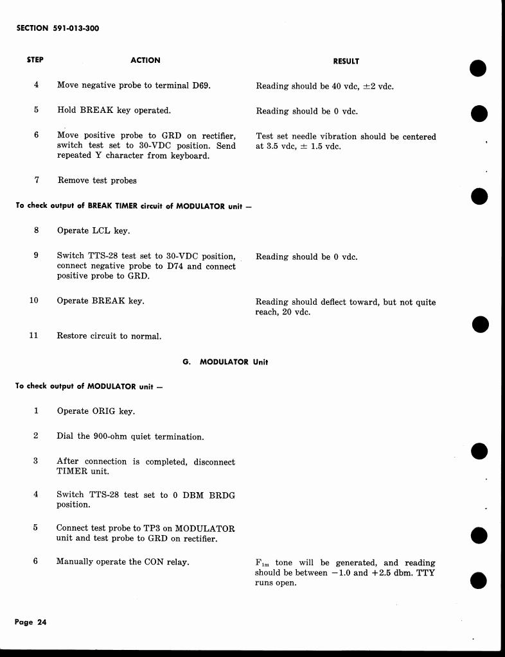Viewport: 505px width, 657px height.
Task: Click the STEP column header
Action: pos(35,60)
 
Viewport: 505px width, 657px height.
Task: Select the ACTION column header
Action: pos(145,60)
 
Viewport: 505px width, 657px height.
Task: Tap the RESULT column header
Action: pos(346,62)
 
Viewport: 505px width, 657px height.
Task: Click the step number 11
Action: pos(35,336)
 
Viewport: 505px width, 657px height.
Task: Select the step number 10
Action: pos(34,300)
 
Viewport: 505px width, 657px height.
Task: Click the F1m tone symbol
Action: pos(262,563)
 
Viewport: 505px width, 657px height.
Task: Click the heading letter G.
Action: pos(186,362)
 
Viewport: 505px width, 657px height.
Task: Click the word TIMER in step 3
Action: pos(72,472)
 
